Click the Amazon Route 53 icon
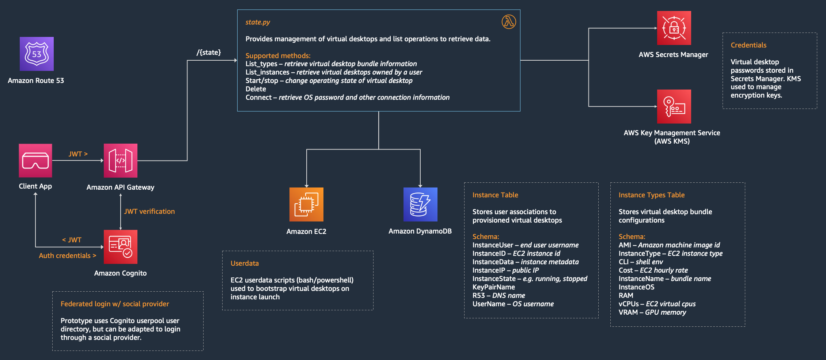click(37, 54)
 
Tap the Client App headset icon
click(35, 160)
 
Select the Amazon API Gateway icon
click(121, 160)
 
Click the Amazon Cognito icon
click(121, 247)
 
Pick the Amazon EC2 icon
click(306, 204)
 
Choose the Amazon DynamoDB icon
click(420, 204)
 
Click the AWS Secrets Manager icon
click(674, 28)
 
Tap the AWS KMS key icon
click(674, 106)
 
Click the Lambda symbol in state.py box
click(509, 22)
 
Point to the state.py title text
click(258, 22)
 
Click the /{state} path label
click(209, 52)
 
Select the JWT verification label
click(149, 211)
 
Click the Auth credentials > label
click(68, 255)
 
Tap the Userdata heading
click(245, 263)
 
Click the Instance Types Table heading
click(651, 195)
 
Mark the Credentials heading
click(749, 45)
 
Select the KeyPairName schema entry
click(493, 287)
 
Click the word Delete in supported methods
click(256, 89)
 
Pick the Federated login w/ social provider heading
click(115, 304)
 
